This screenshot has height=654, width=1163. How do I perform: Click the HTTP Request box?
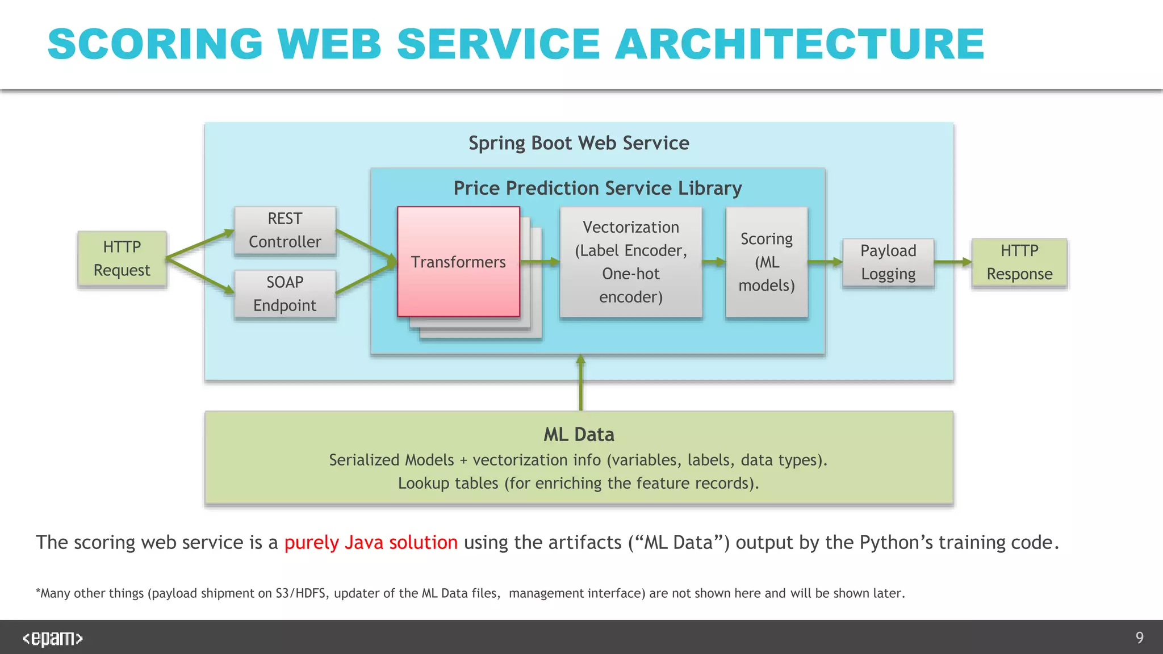122,259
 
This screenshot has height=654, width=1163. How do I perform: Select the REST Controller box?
285,230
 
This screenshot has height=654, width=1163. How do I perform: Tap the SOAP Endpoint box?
285,294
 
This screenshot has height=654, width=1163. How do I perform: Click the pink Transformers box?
458,262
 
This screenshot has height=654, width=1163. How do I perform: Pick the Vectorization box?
631,262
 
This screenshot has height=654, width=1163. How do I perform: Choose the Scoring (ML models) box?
767,262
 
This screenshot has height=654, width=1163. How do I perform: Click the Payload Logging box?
888,262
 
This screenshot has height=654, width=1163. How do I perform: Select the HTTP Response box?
1019,262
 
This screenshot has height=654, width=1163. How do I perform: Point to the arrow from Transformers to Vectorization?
539,262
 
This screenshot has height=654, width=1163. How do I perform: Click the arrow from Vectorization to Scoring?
714,262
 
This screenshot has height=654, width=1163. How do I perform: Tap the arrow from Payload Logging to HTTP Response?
953,262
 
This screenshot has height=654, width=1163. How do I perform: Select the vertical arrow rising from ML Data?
580,383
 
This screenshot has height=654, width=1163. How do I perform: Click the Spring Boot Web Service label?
579,143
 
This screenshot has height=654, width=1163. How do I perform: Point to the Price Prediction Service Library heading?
597,188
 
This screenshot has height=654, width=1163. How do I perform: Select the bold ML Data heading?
579,435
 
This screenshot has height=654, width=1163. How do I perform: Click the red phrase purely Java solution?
371,542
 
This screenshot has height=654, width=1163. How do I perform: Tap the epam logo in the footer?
52,638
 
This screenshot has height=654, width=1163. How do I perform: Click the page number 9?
1139,638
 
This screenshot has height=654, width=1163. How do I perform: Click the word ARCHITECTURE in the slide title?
800,44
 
